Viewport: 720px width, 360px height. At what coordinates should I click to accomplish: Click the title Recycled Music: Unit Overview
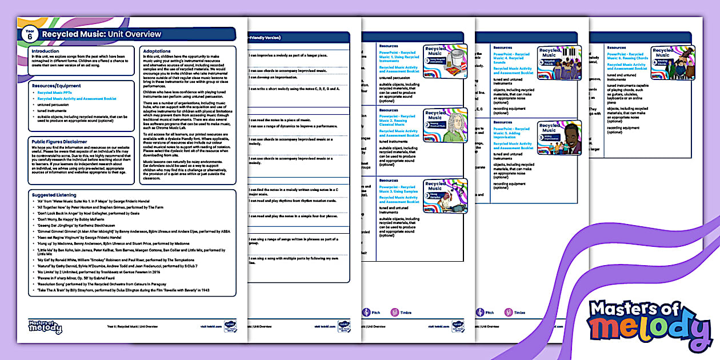pyautogui.click(x=102, y=34)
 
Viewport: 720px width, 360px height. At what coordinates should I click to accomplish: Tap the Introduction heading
pyautogui.click(x=46, y=51)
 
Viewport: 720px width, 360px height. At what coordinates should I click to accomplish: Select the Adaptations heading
pyautogui.click(x=157, y=51)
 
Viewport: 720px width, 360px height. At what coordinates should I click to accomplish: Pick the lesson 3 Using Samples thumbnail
pyautogui.click(x=445, y=196)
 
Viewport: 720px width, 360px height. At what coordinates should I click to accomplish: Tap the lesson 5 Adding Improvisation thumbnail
pyautogui.click(x=559, y=137)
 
